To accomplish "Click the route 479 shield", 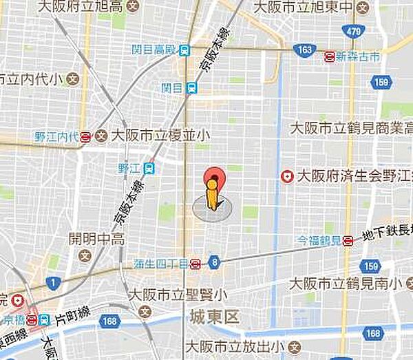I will pyautogui.click(x=354, y=32).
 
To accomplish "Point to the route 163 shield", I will pyautogui.click(x=303, y=50).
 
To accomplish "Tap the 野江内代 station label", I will pyautogui.click(x=56, y=136).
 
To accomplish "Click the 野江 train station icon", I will pyautogui.click(x=149, y=167).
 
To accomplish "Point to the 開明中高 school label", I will pyautogui.click(x=96, y=240).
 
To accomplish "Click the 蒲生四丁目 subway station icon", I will pyautogui.click(x=195, y=263).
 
